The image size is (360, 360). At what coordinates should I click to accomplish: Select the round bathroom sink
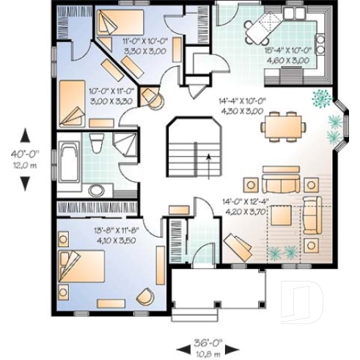click(97, 190)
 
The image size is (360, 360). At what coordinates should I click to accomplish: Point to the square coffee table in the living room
click(281, 216)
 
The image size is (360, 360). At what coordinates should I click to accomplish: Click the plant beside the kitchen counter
click(320, 96)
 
